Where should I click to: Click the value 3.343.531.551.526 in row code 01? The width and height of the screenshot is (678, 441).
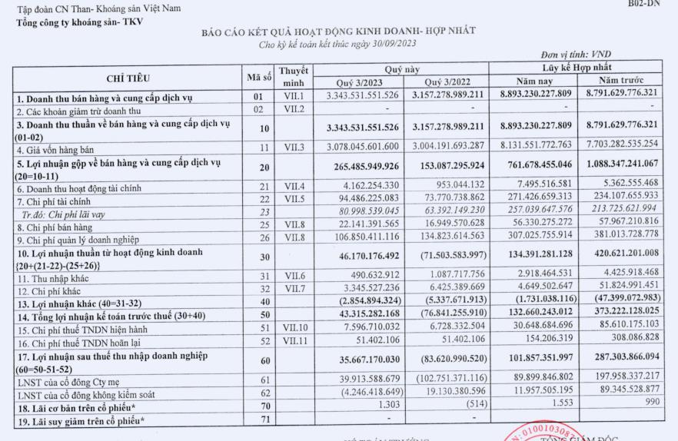pyautogui.click(x=363, y=95)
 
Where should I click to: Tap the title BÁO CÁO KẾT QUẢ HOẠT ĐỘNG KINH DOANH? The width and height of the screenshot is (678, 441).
pyautogui.click(x=337, y=31)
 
